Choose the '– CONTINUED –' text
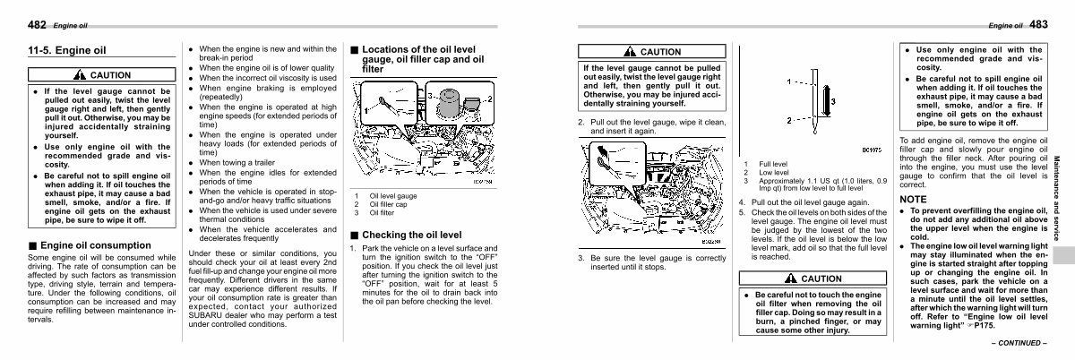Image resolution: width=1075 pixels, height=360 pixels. point(1019,343)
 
